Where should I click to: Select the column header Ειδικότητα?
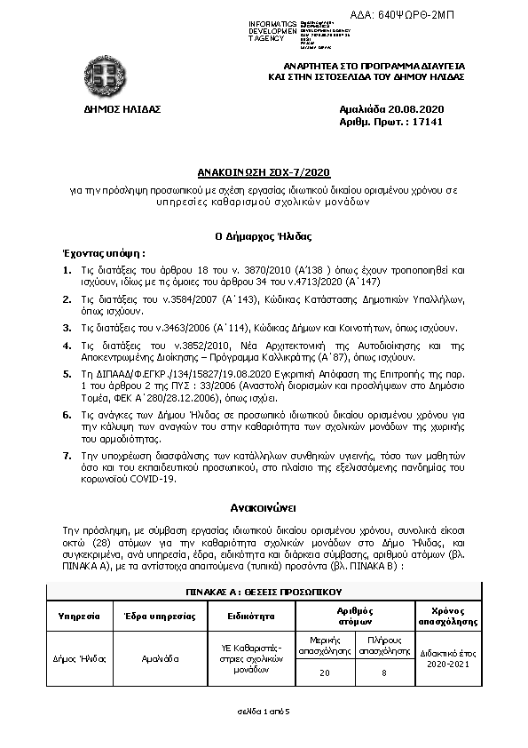pos(249,615)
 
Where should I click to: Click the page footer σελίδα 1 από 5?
pos(264,712)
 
